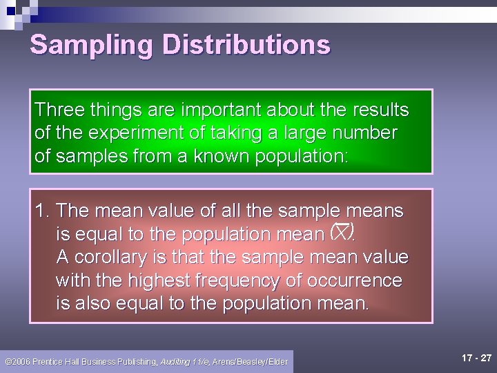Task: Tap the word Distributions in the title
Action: [246, 45]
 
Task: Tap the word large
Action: [320, 133]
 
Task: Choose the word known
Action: [219, 156]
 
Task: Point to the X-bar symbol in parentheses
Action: [342, 232]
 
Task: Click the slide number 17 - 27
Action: [476, 358]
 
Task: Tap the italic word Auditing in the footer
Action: [175, 362]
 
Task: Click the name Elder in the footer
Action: [277, 362]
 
